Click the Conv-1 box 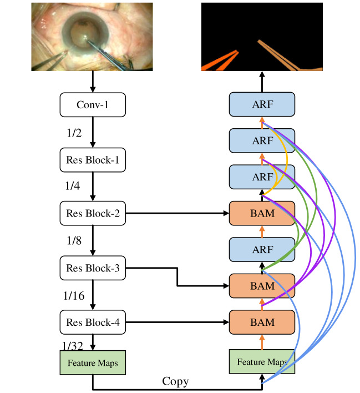click(93, 105)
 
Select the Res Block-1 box click(93, 160)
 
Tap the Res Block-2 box click(93, 213)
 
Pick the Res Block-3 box click(93, 268)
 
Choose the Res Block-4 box click(93, 323)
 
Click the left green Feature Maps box click(93, 362)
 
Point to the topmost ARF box click(262, 104)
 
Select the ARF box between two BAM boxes click(262, 250)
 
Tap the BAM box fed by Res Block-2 click(262, 213)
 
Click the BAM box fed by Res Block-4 click(262, 323)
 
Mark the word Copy click(175, 382)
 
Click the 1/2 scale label click(74, 133)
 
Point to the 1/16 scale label click(74, 296)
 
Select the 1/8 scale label click(74, 240)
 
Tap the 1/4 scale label click(73, 186)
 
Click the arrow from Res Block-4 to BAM click(177, 323)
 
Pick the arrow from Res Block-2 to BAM click(177, 213)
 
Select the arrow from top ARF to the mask click(262, 82)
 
